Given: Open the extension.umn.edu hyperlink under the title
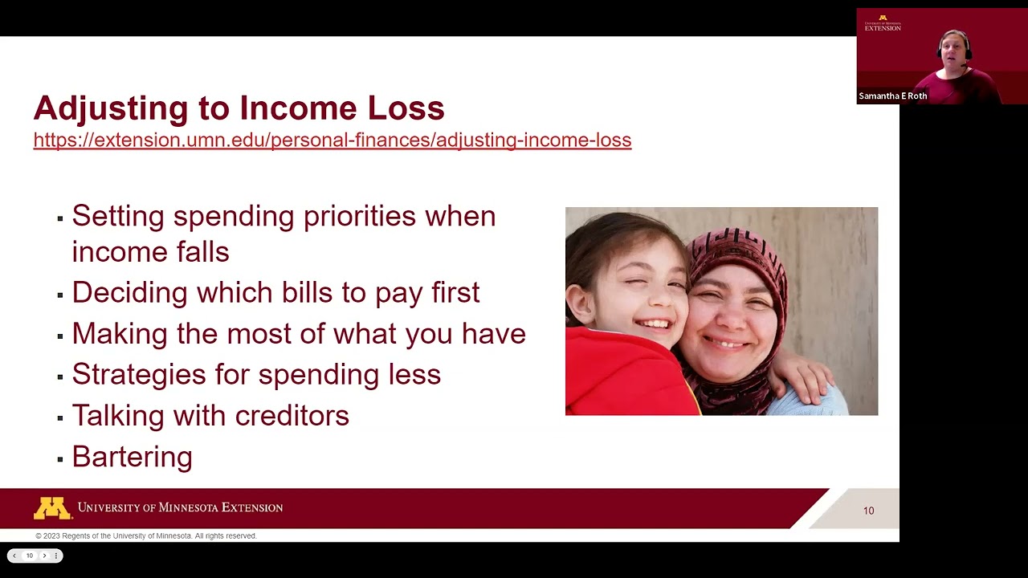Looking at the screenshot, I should [332, 140].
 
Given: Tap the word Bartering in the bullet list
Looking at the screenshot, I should [132, 457].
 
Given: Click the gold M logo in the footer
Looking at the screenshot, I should [52, 508].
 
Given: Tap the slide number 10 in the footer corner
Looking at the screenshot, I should [868, 511].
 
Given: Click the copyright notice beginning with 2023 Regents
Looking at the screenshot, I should [146, 536].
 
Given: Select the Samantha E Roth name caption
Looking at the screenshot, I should [892, 96].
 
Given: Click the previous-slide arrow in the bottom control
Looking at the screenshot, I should [14, 556].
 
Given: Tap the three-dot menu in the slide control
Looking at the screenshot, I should [55, 556].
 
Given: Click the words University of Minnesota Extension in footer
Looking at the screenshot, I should [180, 507].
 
